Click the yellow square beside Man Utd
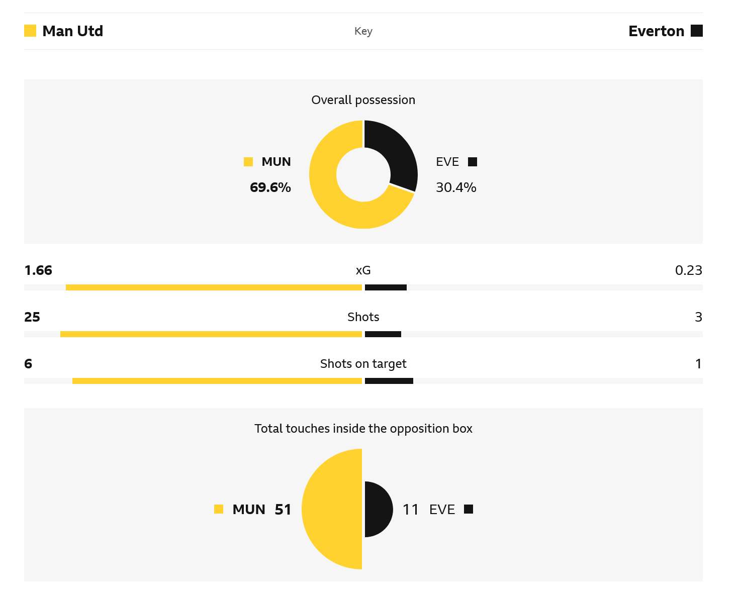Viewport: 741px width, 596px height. click(30, 31)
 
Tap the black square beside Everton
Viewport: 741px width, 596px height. click(696, 31)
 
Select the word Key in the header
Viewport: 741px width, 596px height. click(363, 31)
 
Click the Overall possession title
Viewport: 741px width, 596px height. click(363, 100)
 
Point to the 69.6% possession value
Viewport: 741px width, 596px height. click(270, 187)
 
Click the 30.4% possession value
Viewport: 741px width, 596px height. click(456, 187)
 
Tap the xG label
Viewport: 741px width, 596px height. click(363, 270)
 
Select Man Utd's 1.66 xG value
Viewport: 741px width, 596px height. click(38, 270)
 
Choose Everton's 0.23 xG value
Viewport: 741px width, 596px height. click(688, 270)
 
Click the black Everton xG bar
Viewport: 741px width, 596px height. click(386, 287)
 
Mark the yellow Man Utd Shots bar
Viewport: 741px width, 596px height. click(211, 334)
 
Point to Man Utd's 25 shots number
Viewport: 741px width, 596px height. click(32, 317)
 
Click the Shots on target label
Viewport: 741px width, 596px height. click(363, 364)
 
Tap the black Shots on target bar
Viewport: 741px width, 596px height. click(389, 381)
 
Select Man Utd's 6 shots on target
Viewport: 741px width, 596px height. click(28, 364)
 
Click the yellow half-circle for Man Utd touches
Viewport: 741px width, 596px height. click(332, 509)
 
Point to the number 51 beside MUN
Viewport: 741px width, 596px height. click(283, 510)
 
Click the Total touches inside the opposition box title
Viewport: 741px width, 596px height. click(363, 429)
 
